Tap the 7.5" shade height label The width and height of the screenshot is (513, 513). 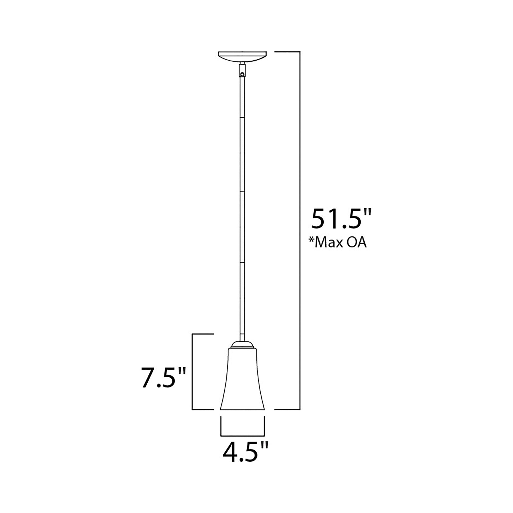163,378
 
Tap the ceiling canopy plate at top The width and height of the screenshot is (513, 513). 242,56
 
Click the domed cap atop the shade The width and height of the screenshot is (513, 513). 242,345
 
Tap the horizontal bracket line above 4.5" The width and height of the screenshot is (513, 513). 243,436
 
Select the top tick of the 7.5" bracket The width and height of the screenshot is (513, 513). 203,334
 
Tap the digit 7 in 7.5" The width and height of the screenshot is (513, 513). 148,378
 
